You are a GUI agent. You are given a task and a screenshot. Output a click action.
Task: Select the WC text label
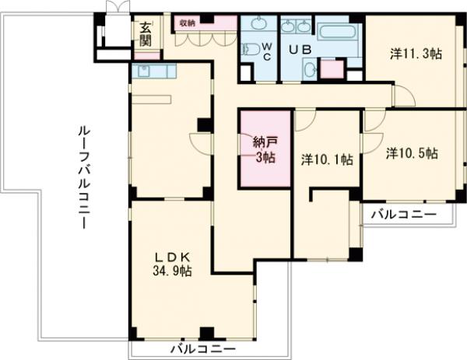pos(265,51)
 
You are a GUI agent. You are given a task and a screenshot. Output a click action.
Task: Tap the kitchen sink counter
pos(155,71)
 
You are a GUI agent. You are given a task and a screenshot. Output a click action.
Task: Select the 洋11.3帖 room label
pos(416,54)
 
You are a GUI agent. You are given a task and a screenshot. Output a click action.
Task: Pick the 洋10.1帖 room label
pos(327,159)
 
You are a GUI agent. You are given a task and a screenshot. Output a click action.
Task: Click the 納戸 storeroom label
pos(265,142)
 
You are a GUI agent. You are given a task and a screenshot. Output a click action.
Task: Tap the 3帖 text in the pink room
pos(265,158)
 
